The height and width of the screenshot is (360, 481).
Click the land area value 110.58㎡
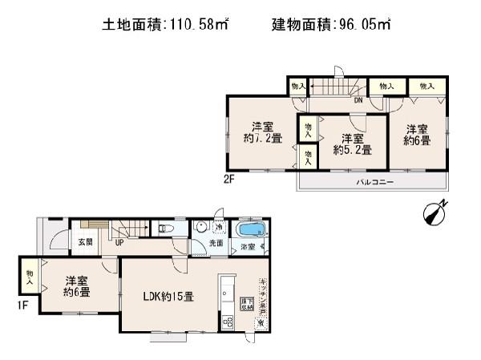point(196,25)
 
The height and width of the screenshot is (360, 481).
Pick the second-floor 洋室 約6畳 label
point(417,135)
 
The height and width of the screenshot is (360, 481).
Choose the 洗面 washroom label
point(216,243)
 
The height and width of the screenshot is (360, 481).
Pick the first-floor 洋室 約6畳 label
point(76,287)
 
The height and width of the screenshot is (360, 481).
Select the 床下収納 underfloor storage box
point(245,304)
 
